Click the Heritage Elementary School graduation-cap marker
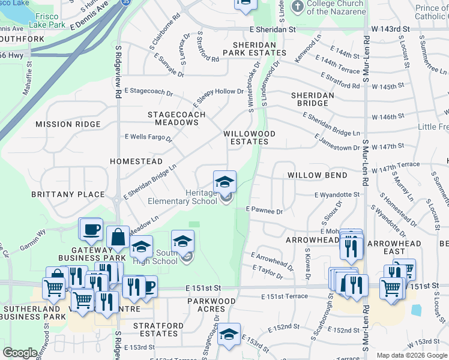coord(224,181)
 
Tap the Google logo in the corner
coord(20,353)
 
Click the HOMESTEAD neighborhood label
coord(136,161)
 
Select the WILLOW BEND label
coord(317,175)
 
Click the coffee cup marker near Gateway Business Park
coord(92,229)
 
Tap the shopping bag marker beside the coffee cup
coord(118,238)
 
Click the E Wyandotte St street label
coord(337,194)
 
